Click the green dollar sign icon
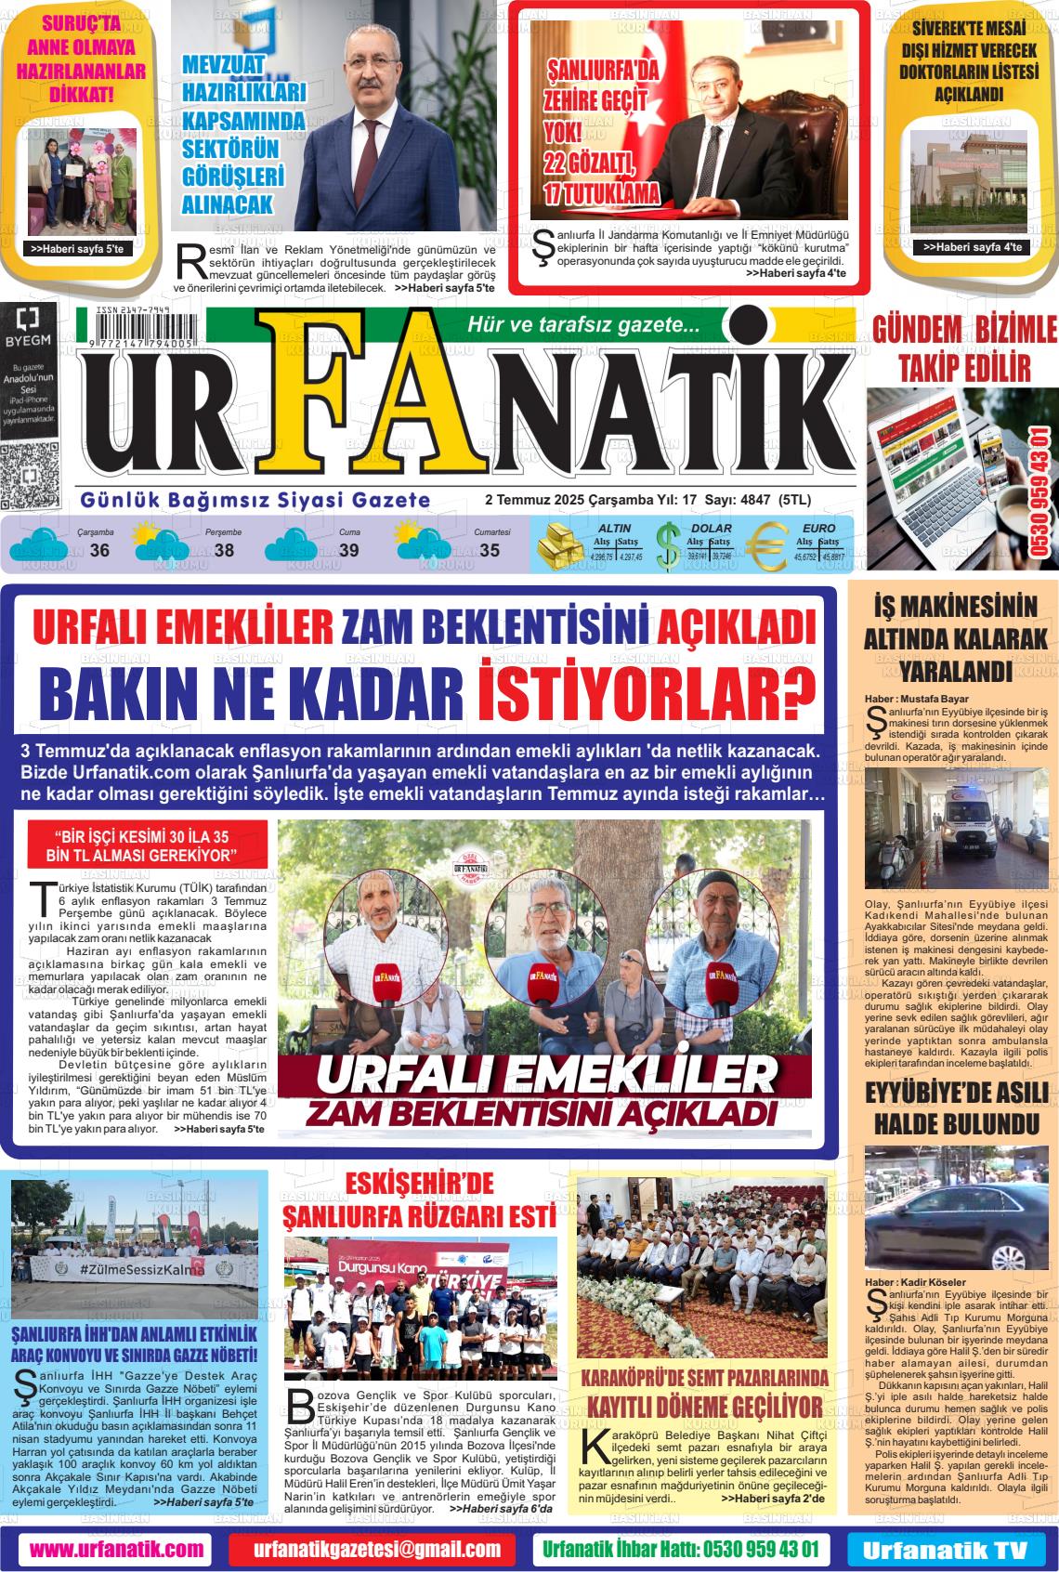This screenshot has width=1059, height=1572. [x=667, y=547]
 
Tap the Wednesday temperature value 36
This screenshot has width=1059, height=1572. [x=99, y=551]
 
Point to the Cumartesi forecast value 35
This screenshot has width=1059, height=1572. [x=489, y=551]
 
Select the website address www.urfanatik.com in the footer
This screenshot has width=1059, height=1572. [x=116, y=1549]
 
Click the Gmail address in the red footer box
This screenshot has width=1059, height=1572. [x=378, y=1549]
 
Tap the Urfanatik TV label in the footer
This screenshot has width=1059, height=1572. [x=944, y=1550]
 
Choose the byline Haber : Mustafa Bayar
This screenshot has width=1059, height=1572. [x=916, y=699]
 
